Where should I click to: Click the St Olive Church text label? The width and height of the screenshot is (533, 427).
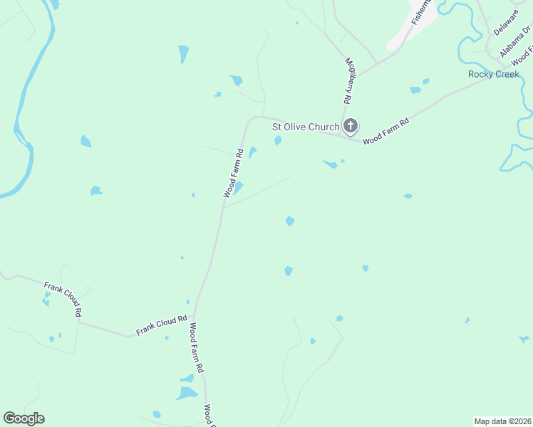306,127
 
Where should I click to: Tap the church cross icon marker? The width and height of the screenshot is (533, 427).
350,127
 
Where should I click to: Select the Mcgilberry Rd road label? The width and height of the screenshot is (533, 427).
349,83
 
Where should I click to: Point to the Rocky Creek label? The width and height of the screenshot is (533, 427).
493,74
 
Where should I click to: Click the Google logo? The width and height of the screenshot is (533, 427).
24,418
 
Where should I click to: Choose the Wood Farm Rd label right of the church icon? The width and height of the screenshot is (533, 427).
385,132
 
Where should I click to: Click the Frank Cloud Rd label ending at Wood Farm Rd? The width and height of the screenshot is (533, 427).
162,325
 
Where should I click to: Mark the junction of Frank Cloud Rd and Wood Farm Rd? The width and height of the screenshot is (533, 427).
195,316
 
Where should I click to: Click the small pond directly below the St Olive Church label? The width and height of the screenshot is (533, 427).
278,140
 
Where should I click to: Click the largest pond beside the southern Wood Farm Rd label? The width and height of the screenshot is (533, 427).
187,393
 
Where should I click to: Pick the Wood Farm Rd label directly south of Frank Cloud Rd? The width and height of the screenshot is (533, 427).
197,349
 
